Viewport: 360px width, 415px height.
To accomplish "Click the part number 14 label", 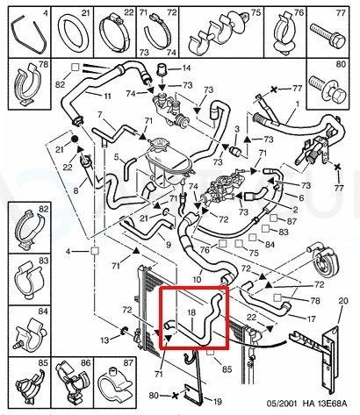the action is point(186,68).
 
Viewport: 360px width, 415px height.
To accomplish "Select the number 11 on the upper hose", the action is point(107,96).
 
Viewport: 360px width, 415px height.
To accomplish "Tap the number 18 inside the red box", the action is point(191,312).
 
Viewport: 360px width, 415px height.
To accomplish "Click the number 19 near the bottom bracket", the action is point(217,402).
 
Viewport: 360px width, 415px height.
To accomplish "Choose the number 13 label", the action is point(104,340).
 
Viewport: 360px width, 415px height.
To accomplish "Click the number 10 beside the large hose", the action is point(197,279).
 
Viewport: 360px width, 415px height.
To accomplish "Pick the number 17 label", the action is point(311,318).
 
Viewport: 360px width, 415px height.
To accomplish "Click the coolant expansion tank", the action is point(168,164).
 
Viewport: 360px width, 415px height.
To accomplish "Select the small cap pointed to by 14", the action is point(162,69).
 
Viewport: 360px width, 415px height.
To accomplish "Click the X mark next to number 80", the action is point(175,396).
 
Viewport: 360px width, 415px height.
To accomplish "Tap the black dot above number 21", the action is point(75,139).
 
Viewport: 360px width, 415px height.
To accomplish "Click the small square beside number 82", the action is point(76,68).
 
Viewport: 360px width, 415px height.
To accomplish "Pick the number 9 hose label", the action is point(168,244).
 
